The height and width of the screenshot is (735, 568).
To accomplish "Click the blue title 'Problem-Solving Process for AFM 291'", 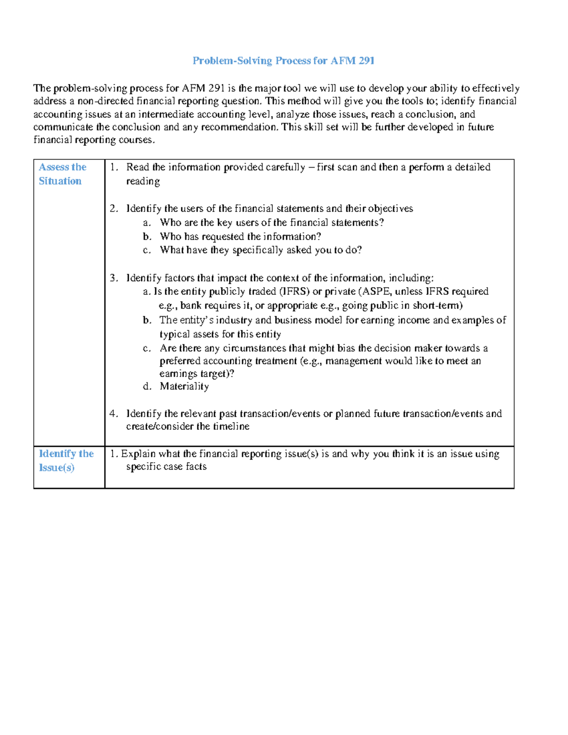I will point(283,61).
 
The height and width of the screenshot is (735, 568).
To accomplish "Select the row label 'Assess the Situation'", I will point(62,174).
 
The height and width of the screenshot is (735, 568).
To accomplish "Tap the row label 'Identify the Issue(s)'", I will point(66,460).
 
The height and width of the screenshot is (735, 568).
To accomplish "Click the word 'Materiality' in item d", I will point(184,387).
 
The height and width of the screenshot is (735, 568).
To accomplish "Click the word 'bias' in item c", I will point(345,348).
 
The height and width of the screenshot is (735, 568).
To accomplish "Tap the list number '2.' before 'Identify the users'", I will point(114,209).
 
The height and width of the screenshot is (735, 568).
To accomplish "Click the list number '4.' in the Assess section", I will point(114,414).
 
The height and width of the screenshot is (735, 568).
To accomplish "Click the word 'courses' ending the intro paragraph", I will point(136,140).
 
